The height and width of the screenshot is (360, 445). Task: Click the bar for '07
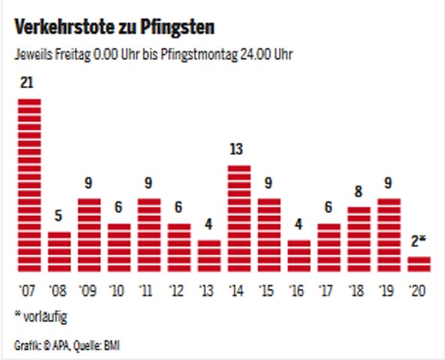(x=29, y=185)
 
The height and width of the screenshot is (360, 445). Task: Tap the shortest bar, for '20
(x=419, y=265)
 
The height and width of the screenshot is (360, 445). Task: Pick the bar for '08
(x=59, y=252)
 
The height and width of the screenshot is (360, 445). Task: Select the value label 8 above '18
(x=359, y=193)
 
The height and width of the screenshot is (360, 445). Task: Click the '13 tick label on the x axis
(x=209, y=290)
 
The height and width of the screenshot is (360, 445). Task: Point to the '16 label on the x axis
(x=299, y=290)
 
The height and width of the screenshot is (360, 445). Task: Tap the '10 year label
(x=119, y=290)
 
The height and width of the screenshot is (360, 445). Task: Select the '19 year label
(x=389, y=290)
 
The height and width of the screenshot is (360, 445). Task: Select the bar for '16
(x=299, y=256)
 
